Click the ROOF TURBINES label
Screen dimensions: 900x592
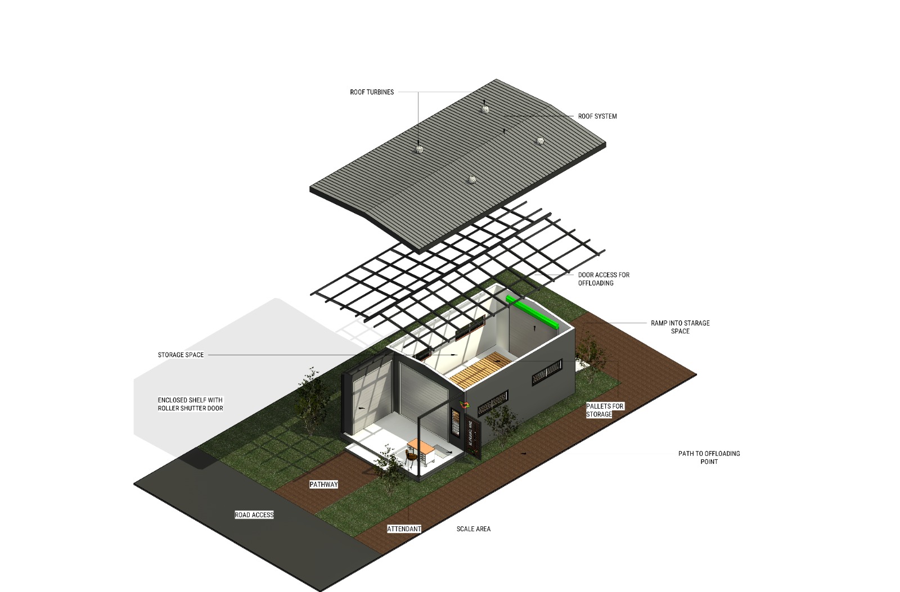tap(372, 92)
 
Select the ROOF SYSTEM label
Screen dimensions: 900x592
tap(597, 116)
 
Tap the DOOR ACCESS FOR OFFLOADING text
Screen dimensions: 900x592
tap(604, 279)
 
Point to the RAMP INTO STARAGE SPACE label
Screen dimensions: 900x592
tap(680, 327)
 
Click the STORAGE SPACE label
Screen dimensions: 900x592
tap(181, 355)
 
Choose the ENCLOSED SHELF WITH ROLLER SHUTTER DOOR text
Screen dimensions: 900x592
tap(190, 404)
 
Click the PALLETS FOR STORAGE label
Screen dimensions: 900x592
tap(605, 410)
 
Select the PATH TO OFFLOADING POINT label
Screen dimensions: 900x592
tap(709, 458)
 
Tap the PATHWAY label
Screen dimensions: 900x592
tap(323, 485)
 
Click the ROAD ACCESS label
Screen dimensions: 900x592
tap(254, 514)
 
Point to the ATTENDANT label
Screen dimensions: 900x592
tap(404, 529)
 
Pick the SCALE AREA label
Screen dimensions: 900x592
tap(473, 529)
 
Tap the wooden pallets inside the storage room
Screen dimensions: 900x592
tap(481, 369)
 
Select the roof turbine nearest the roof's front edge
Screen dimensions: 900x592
tap(473, 179)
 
